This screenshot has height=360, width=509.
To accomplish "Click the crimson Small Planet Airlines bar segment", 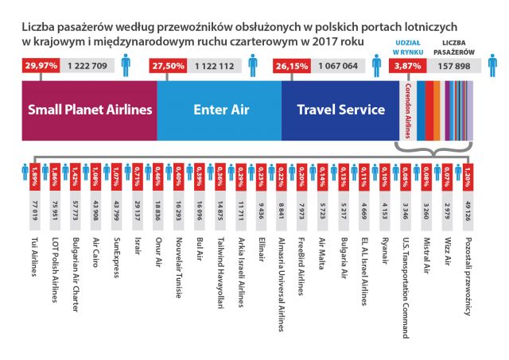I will (x=88, y=110).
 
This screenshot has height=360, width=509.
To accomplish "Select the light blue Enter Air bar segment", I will (x=219, y=110).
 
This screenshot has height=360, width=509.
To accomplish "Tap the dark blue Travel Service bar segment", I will (x=340, y=110).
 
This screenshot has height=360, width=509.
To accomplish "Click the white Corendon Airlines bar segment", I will (x=407, y=110).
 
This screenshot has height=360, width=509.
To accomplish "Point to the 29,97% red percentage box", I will (x=40, y=67).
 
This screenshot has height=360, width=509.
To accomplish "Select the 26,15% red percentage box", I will (x=290, y=67).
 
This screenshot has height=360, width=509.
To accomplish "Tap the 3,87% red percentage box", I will (x=406, y=67).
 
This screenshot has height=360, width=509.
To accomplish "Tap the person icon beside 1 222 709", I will (x=126, y=64).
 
